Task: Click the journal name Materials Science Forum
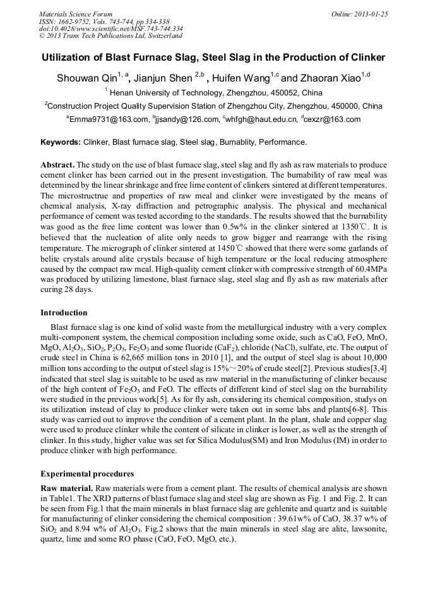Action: pos(76,14)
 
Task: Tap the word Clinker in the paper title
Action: pos(363,58)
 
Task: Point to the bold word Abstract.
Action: pos(57,164)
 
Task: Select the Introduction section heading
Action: pos(64,313)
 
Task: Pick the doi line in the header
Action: pos(111,28)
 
